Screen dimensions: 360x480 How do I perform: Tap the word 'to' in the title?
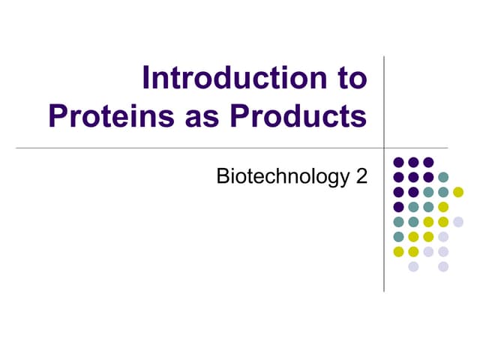[x=349, y=79]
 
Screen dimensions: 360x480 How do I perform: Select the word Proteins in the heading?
[x=106, y=116]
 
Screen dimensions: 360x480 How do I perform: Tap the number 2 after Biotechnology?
[x=361, y=178]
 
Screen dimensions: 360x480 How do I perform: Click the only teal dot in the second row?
[x=443, y=177]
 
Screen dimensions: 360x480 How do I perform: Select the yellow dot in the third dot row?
[x=458, y=192]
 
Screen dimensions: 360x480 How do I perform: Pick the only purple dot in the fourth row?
[x=398, y=207]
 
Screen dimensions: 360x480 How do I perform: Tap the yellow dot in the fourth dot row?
[x=443, y=207]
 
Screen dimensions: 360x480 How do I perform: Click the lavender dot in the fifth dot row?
[x=458, y=222]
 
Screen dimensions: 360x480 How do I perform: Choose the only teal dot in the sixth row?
[x=398, y=237]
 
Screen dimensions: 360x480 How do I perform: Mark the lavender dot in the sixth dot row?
[x=443, y=237]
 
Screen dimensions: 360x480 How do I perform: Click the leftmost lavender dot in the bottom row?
[x=413, y=267]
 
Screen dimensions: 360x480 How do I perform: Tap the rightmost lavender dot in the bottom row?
[x=443, y=267]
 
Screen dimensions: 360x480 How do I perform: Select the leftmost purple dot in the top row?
[x=398, y=162]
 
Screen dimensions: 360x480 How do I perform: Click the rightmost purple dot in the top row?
[x=428, y=162]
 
